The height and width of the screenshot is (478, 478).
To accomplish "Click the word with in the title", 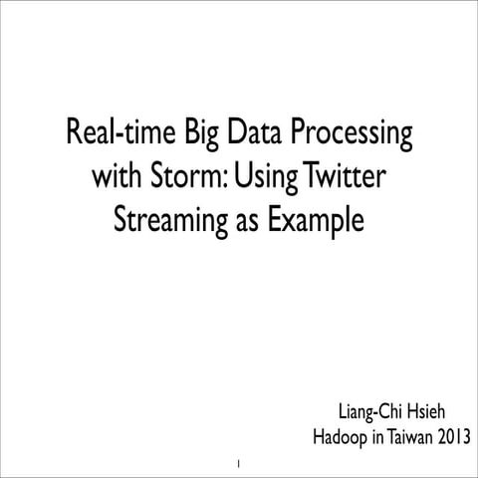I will click(116, 177).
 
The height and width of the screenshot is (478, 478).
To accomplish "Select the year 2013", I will click(453, 437).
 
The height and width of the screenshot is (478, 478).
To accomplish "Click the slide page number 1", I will click(239, 464).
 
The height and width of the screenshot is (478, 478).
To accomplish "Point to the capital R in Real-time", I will click(73, 133).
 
